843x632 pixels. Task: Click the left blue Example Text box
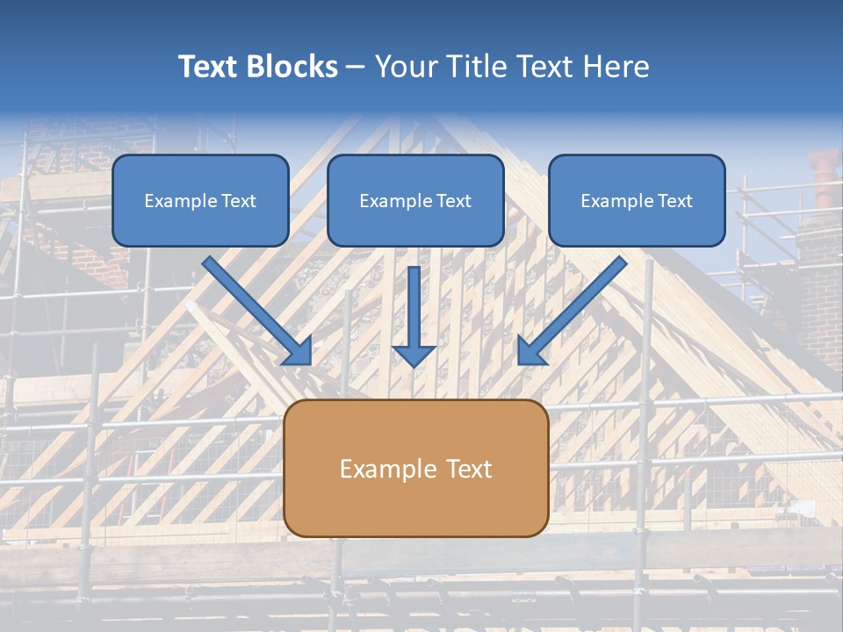[200, 200]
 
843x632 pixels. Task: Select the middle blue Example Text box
[415, 200]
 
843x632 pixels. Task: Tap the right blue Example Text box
[637, 200]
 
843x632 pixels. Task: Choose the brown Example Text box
[415, 468]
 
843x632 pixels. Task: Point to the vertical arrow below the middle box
[414, 316]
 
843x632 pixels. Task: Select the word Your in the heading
[407, 67]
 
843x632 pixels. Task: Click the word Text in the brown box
[470, 469]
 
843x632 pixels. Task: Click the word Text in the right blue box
[674, 201]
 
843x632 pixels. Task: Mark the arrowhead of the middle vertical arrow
[414, 355]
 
